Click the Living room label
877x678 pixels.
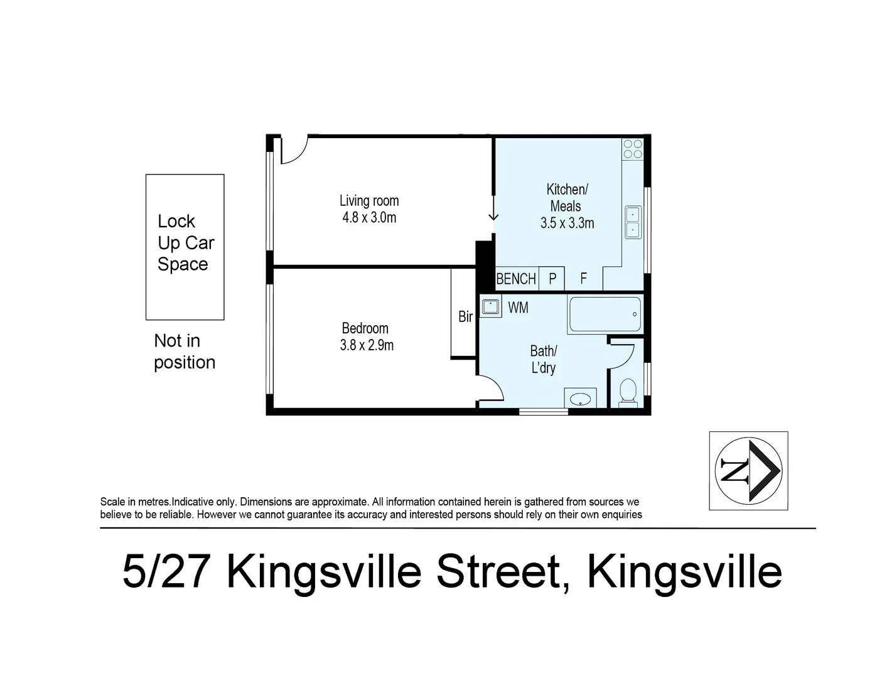(369, 201)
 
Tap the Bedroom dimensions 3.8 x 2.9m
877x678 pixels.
(367, 345)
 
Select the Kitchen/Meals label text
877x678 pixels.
(566, 197)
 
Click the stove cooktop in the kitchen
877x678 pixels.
(633, 149)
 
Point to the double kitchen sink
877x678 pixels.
(633, 222)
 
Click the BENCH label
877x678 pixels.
(516, 279)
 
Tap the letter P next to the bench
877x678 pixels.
(552, 279)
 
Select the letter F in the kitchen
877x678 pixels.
(583, 279)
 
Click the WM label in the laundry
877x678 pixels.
(518, 308)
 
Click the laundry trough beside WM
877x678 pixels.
(490, 307)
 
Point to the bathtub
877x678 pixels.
(605, 314)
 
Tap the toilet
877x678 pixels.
(628, 392)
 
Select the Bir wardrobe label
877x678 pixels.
(465, 317)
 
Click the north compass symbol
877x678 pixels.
(748, 470)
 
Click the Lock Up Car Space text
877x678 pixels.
(185, 243)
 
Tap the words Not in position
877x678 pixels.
(185, 352)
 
